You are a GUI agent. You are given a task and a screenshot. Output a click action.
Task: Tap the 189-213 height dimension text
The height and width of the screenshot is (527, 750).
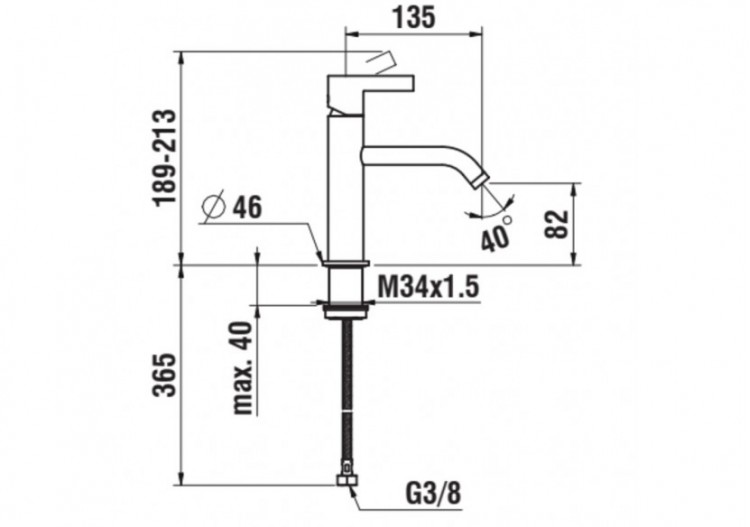[167, 158]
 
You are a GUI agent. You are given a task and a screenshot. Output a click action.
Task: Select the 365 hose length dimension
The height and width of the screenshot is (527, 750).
[167, 374]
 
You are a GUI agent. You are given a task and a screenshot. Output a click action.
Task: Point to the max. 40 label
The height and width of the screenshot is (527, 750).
[242, 366]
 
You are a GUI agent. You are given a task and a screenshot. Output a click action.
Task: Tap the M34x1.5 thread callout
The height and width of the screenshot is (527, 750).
[428, 287]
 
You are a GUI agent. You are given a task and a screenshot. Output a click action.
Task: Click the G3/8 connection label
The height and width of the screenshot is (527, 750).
[436, 493]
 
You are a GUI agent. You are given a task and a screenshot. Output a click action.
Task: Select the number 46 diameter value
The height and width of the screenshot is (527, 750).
[246, 208]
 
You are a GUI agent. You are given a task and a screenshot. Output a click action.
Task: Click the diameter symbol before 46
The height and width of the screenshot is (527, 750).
[213, 208]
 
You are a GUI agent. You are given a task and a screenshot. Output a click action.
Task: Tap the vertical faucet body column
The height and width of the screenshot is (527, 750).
[342, 190]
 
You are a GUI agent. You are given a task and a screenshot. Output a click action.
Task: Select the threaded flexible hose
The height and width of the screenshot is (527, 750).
[345, 390]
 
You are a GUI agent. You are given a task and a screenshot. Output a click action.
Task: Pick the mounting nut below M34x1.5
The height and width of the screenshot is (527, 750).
[345, 310]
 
